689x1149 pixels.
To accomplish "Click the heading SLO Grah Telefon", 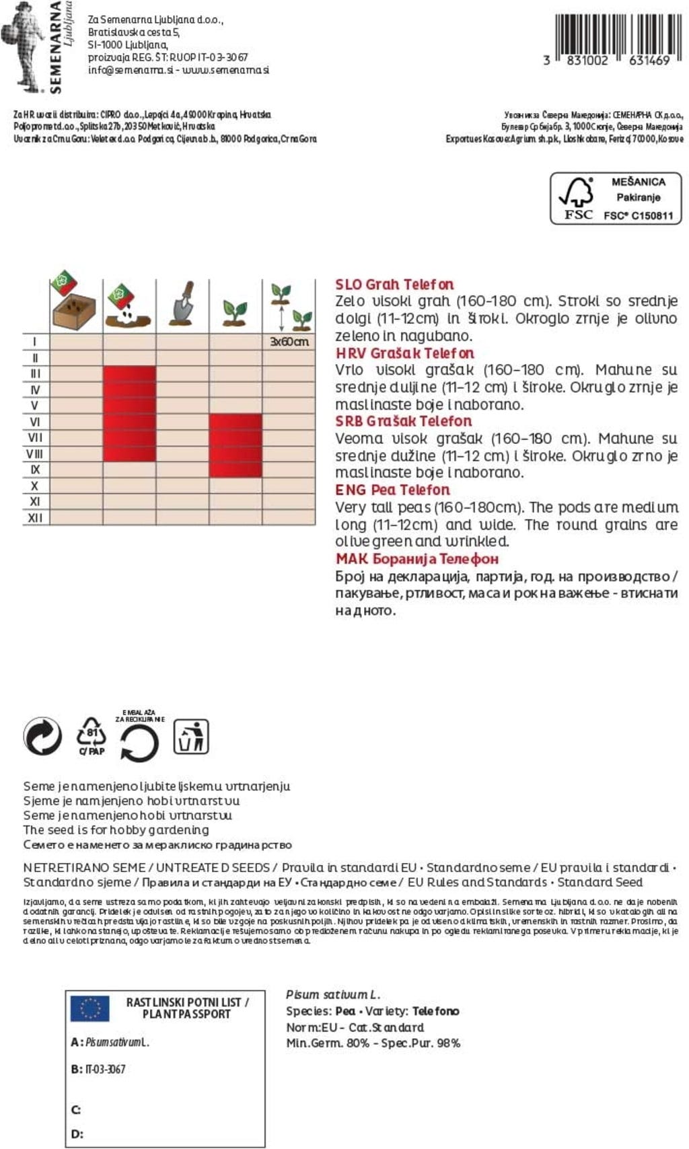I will [x=394, y=285].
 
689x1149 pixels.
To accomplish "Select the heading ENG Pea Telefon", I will [x=392, y=490].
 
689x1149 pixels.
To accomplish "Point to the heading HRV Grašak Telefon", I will [x=404, y=353].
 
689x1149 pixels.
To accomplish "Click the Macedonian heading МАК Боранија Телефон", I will [x=416, y=559].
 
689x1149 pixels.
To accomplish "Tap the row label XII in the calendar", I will [x=35, y=518].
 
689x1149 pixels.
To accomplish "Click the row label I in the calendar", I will [x=35, y=342].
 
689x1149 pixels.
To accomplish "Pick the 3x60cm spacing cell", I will [x=289, y=342].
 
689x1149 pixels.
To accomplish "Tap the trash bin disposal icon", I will [x=191, y=737].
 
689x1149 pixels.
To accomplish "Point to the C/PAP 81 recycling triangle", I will [x=92, y=735].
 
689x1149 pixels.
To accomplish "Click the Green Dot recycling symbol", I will [x=42, y=735].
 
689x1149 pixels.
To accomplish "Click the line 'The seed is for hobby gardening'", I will [x=116, y=830].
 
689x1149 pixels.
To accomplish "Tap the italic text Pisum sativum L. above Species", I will [x=333, y=994].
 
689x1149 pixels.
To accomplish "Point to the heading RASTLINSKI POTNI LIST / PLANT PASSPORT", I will [x=187, y=1008].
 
